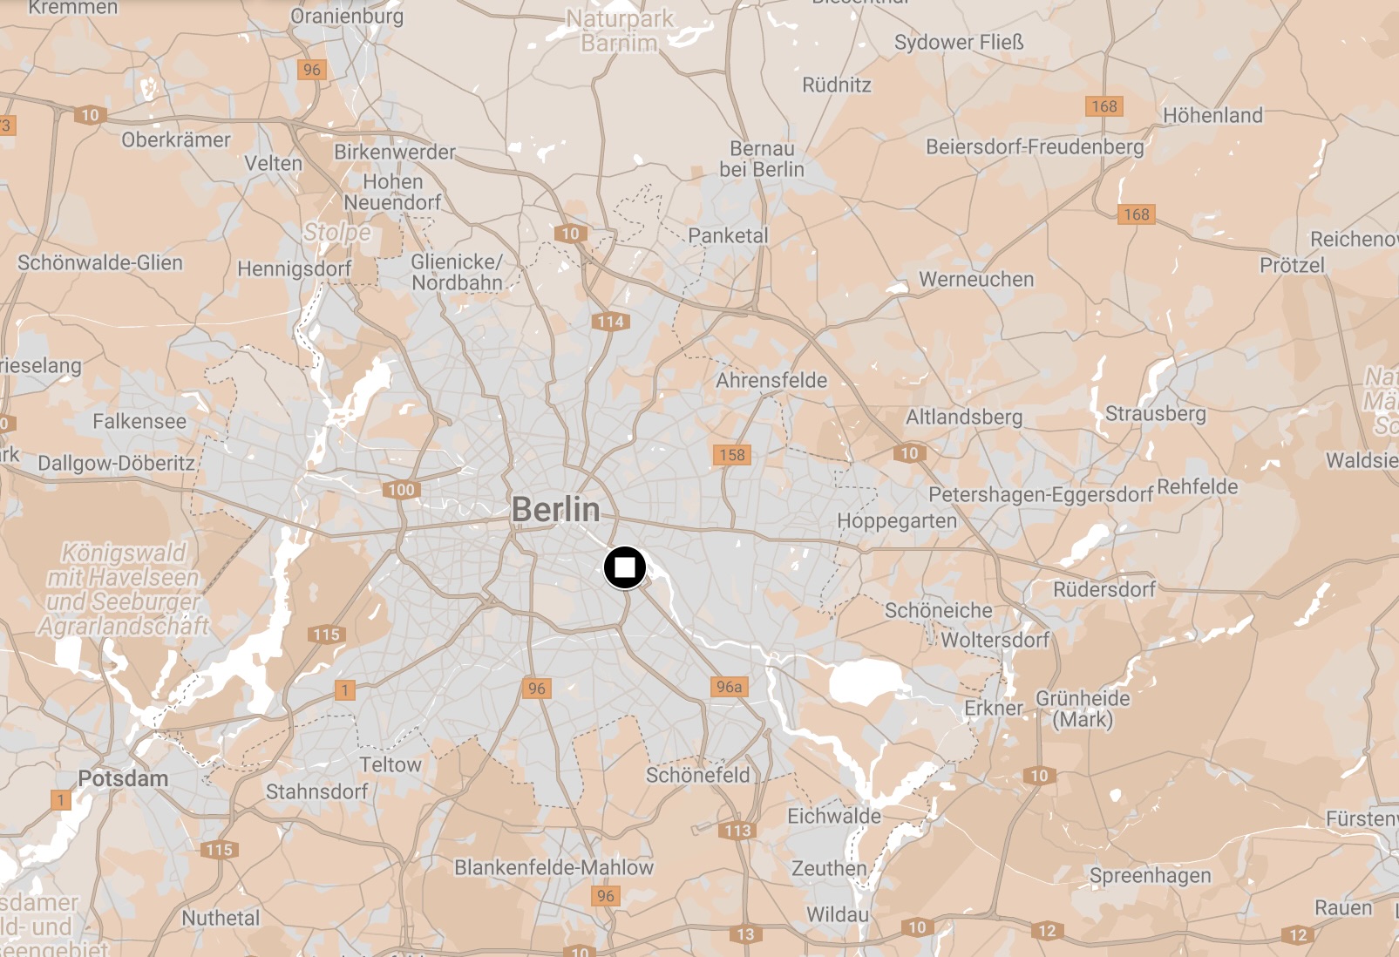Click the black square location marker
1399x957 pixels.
(x=625, y=568)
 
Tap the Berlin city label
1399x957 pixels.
(x=555, y=509)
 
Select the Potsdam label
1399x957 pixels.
(x=123, y=778)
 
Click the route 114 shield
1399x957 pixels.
(x=610, y=322)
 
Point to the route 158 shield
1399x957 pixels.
(x=731, y=454)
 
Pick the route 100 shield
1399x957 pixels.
(x=401, y=490)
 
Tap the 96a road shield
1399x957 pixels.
(x=729, y=687)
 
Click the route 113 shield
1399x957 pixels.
(x=737, y=830)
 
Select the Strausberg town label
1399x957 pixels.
(x=1155, y=413)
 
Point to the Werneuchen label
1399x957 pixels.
(x=976, y=279)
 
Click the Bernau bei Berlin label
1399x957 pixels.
(x=762, y=159)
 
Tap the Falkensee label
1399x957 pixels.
(x=139, y=421)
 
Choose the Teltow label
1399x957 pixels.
(x=390, y=764)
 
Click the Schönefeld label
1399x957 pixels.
(x=697, y=775)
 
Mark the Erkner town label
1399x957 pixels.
(x=993, y=708)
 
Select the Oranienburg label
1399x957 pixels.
(x=347, y=16)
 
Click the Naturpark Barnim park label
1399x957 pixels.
(x=619, y=31)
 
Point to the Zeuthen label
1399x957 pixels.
(x=829, y=868)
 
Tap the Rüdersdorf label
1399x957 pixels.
(x=1104, y=589)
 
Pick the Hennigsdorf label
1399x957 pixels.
(x=295, y=268)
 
